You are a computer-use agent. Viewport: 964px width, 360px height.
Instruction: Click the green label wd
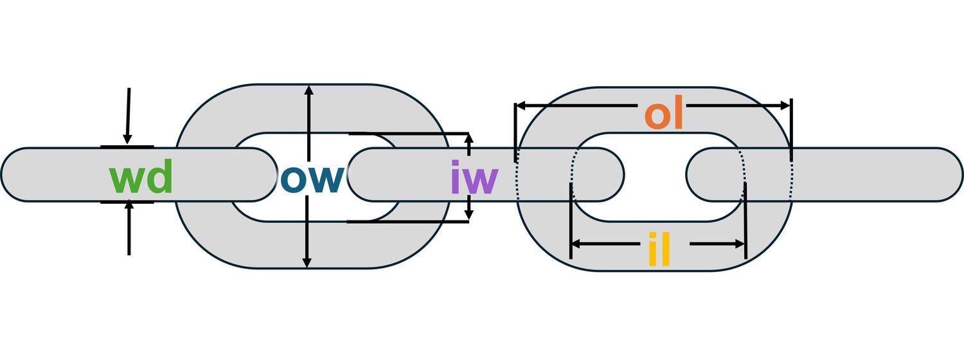click(x=141, y=180)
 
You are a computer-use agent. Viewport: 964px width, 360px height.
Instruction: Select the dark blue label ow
click(x=312, y=180)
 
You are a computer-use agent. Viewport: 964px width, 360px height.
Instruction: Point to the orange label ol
click(x=663, y=114)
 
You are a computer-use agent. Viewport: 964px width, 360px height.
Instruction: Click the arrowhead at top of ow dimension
click(x=309, y=90)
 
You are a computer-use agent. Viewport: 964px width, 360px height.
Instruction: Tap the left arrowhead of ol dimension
click(x=521, y=105)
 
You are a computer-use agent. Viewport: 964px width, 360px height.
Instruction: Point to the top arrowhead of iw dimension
click(x=469, y=139)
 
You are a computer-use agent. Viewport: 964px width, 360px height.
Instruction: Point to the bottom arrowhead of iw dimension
click(x=469, y=215)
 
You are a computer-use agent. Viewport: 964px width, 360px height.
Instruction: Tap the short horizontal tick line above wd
click(x=127, y=147)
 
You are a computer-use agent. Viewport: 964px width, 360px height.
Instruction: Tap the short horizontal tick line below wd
click(x=127, y=203)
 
